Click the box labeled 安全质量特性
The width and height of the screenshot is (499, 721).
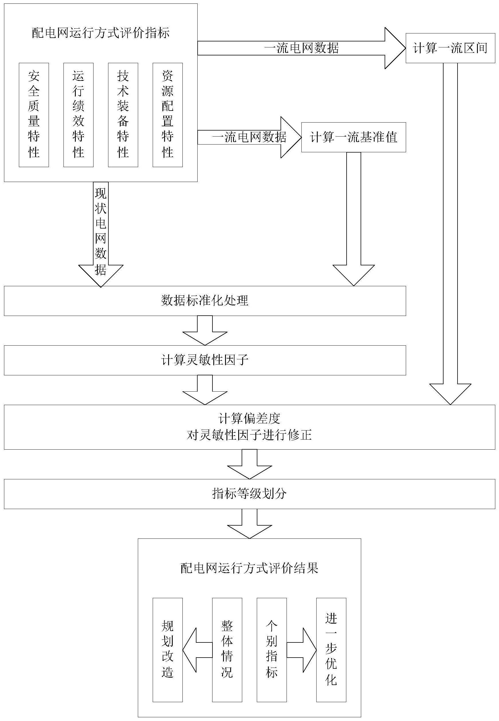point(34,115)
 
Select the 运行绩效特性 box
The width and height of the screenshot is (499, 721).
point(78,115)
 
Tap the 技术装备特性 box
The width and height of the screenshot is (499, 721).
point(123,115)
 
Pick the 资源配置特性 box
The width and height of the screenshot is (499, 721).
point(168,115)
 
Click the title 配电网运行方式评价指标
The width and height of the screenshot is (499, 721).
point(101,33)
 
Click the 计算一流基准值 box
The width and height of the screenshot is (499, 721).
point(354,137)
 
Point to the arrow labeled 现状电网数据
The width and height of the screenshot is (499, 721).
point(101,234)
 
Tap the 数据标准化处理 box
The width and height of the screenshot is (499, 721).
point(205,301)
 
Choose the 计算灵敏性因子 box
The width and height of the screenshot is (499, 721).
point(205,360)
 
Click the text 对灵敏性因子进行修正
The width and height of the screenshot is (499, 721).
point(249,435)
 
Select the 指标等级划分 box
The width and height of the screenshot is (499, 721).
point(249,494)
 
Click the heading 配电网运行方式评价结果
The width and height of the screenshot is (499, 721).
point(249,568)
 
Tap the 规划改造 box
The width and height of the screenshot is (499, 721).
point(168,650)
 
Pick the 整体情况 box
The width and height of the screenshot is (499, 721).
point(227,650)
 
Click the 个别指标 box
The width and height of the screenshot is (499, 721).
point(272,650)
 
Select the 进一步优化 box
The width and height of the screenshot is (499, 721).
point(331,650)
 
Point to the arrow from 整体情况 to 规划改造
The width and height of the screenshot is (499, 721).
point(197,650)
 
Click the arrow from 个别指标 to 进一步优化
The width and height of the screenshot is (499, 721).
point(302,650)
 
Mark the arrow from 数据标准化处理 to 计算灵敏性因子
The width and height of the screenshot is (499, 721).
point(205,331)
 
